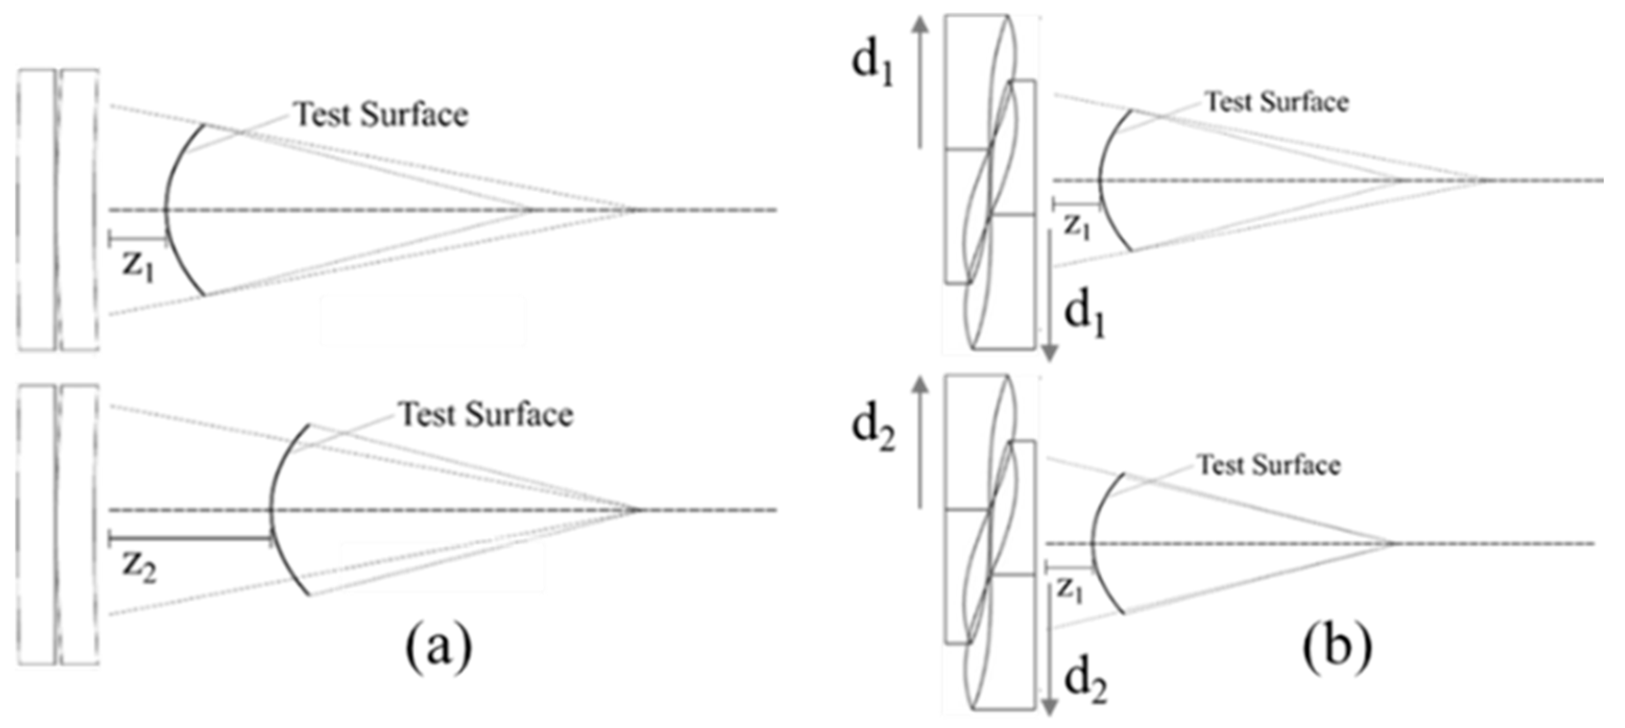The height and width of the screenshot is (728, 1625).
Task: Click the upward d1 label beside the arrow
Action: pyautogui.click(x=872, y=68)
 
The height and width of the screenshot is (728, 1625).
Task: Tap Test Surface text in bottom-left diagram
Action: pyautogui.click(x=487, y=415)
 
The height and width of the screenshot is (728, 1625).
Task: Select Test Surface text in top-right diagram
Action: pyautogui.click(x=1277, y=102)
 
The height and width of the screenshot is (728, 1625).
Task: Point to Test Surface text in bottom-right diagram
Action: pyautogui.click(x=1269, y=466)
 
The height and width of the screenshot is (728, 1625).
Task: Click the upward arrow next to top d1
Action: pyautogui.click(x=921, y=82)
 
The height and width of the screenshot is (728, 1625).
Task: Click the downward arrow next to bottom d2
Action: pyautogui.click(x=1048, y=650)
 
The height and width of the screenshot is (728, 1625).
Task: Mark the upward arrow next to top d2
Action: pyautogui.click(x=921, y=442)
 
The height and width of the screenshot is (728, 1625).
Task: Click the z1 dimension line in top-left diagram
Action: pyautogui.click(x=138, y=239)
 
